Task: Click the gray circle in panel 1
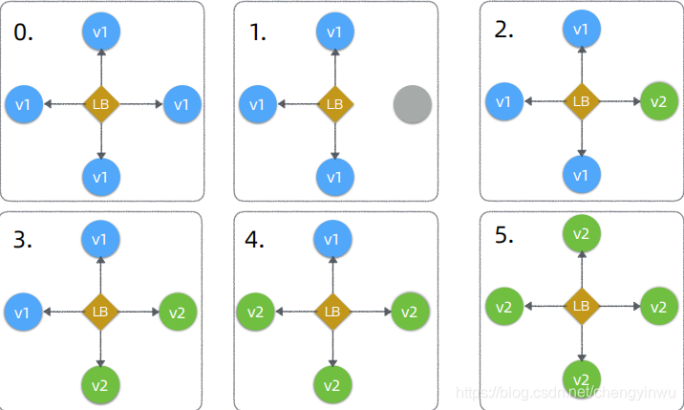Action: click(x=413, y=104)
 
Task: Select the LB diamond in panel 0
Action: click(x=100, y=103)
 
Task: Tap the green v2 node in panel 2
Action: click(x=657, y=100)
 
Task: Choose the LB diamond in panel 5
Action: click(x=580, y=306)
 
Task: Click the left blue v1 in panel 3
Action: click(x=24, y=312)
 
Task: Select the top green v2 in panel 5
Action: click(x=580, y=234)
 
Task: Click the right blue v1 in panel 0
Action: click(x=181, y=103)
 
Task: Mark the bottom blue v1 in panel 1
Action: click(x=334, y=177)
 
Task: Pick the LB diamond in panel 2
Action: click(x=580, y=100)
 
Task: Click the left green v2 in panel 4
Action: click(x=255, y=312)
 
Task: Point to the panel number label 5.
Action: click(x=504, y=236)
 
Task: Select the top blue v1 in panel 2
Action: click(x=580, y=29)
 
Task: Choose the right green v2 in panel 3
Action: click(x=178, y=312)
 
